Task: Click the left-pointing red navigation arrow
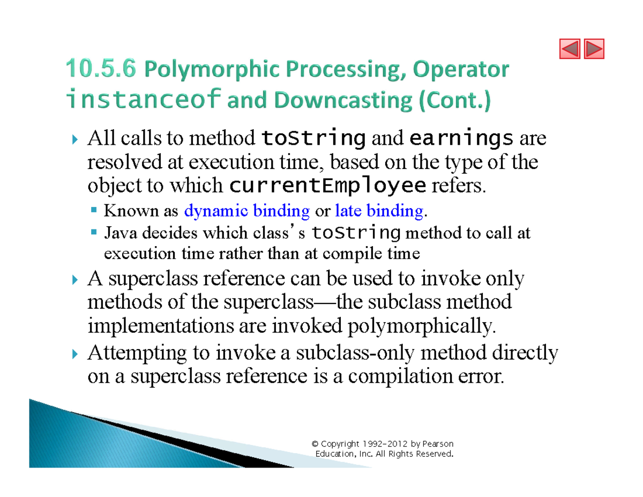[570, 49]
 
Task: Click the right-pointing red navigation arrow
[593, 49]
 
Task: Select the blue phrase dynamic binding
[246, 211]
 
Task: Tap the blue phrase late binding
[378, 211]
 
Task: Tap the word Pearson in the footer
[438, 444]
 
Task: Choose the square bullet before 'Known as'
[94, 211]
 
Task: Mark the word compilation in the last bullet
[402, 377]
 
